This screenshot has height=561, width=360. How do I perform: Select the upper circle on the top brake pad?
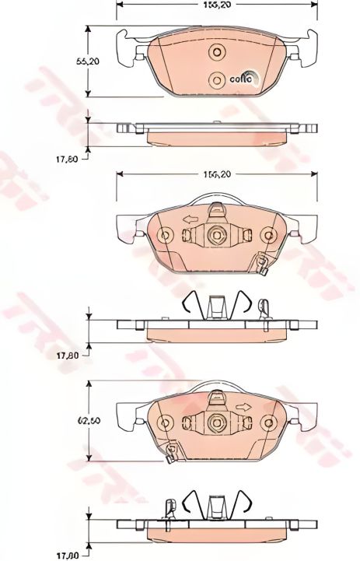coord(217,52)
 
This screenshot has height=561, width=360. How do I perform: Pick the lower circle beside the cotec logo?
coord(217,79)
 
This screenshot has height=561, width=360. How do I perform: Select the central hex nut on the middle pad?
coord(217,236)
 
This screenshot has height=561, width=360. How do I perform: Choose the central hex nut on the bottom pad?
coord(217,423)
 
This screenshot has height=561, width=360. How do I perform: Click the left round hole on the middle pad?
coord(164,236)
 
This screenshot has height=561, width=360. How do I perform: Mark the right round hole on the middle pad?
coord(269,236)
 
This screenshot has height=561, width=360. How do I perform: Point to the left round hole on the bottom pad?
coord(164,423)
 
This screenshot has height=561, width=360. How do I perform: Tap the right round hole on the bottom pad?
coord(269,423)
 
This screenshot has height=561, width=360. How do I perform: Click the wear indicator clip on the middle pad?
coord(263,265)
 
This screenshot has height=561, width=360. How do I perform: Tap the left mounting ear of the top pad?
coord(124,48)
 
